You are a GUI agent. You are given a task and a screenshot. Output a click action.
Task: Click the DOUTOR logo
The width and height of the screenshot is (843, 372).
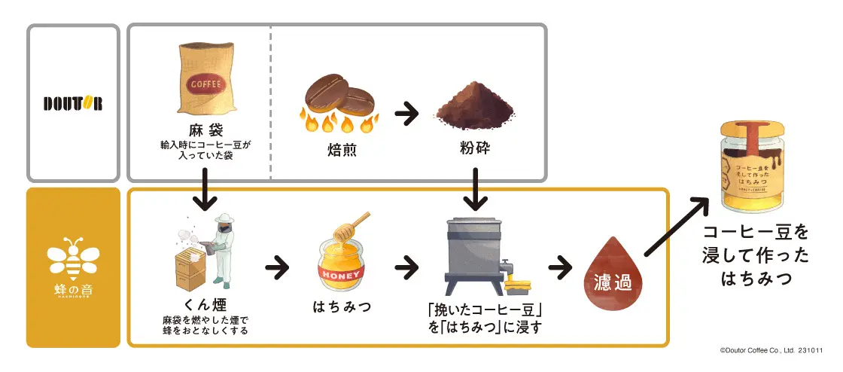coord(72,103)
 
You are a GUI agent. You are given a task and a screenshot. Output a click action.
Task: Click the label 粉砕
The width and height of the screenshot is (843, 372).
coord(475,147)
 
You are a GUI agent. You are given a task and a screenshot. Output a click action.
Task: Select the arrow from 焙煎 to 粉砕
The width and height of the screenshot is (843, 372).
coord(407,114)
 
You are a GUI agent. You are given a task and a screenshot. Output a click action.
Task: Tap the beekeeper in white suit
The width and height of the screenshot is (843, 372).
coord(224,249)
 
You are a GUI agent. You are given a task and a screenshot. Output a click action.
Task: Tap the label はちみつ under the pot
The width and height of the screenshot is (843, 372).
coord(342,307)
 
